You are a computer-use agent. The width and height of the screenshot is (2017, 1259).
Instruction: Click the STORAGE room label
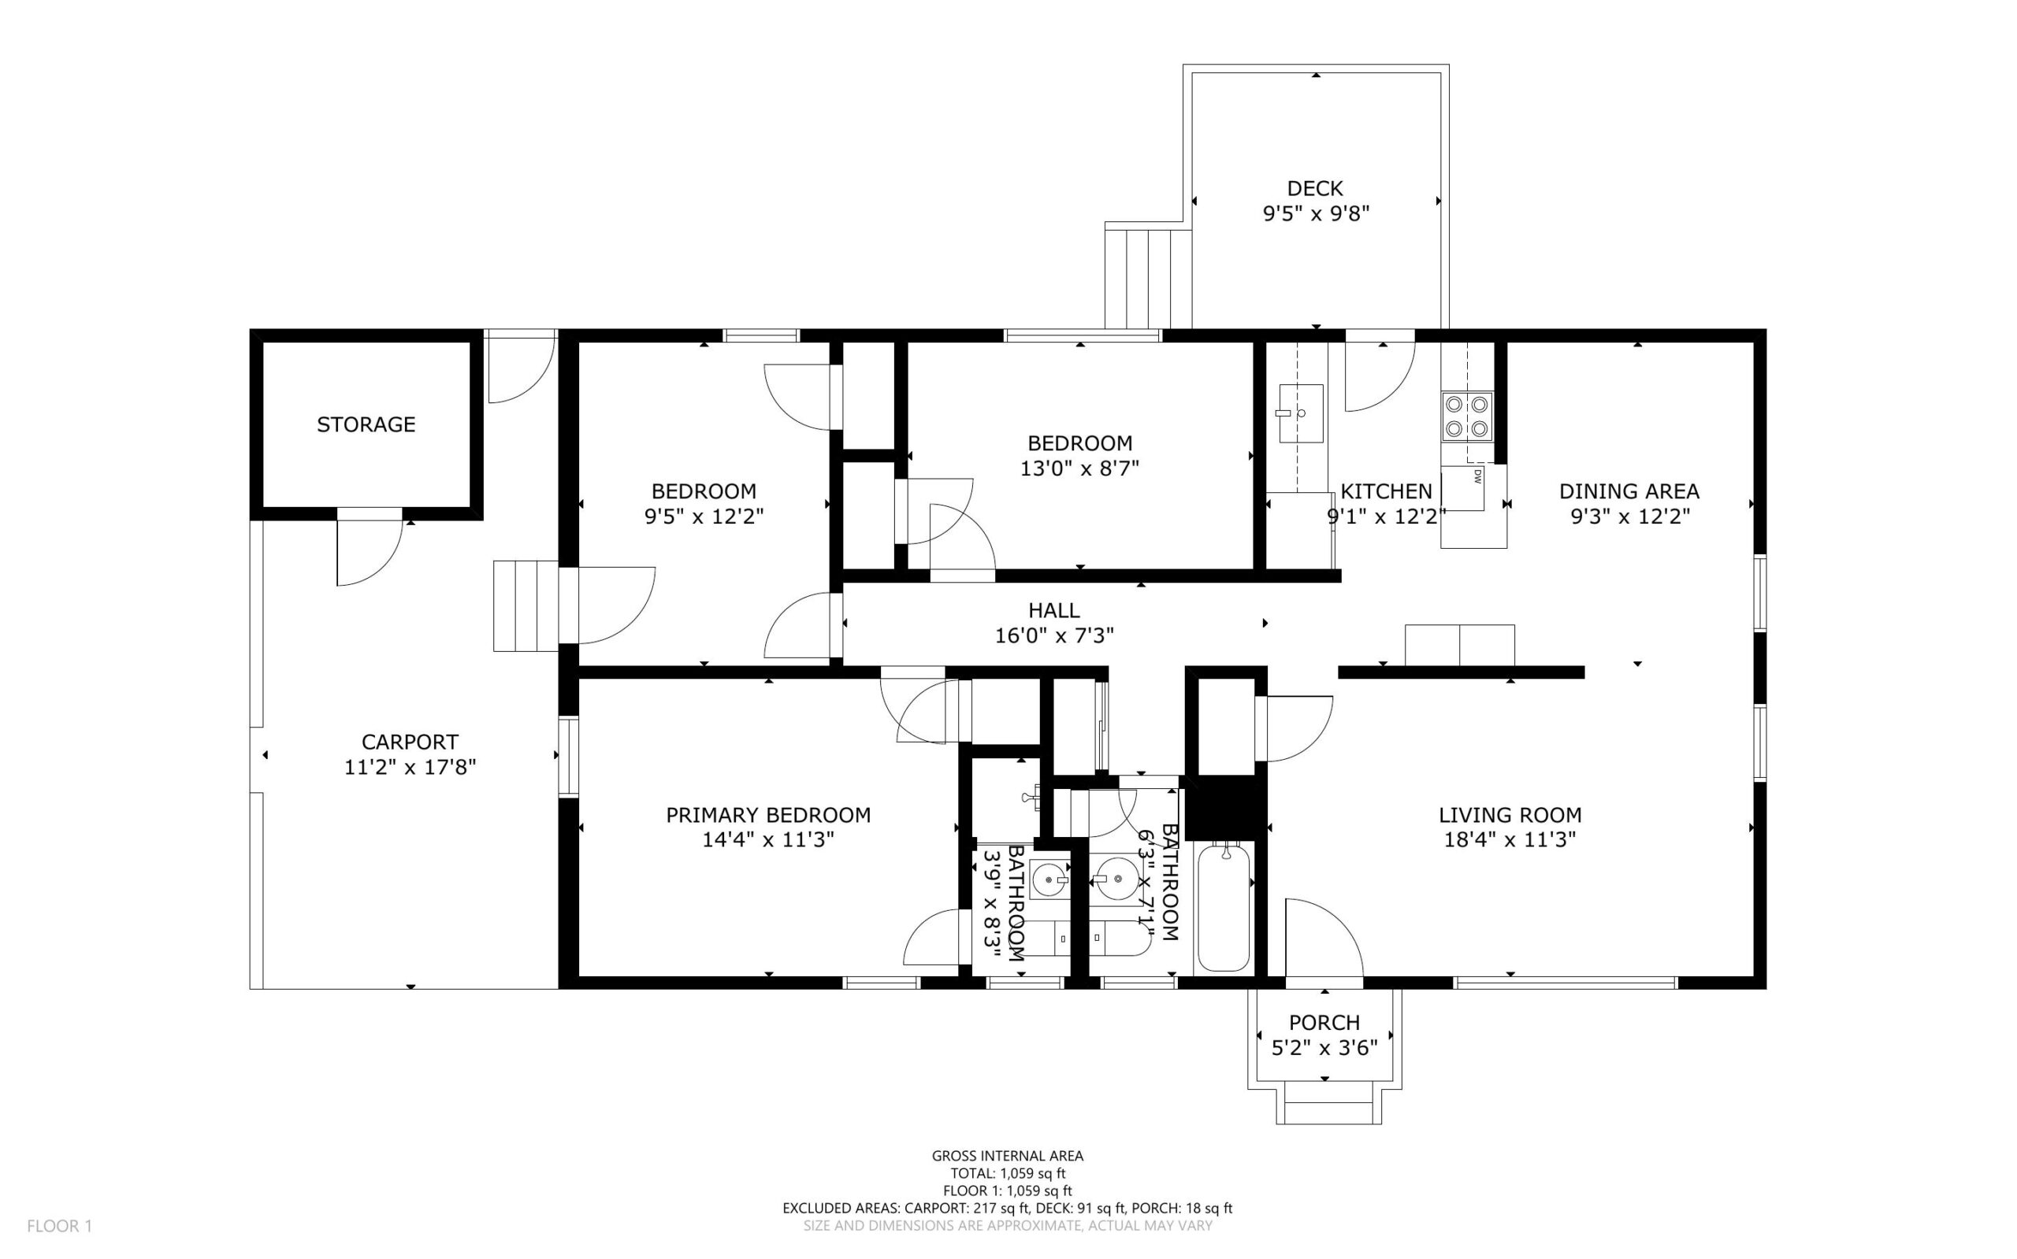tap(366, 424)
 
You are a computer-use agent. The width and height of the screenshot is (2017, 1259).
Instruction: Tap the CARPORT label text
tap(410, 742)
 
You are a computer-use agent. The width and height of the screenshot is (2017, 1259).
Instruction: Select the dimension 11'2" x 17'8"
tap(410, 767)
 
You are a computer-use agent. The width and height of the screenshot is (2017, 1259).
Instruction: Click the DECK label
tap(1315, 189)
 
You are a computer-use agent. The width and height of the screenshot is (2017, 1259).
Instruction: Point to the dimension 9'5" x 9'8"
tap(1317, 214)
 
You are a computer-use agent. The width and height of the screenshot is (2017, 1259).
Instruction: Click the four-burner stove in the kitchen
tap(1467, 417)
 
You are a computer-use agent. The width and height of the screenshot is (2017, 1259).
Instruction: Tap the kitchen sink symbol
tap(1301, 414)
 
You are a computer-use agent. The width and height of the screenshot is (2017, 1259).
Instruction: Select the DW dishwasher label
tap(1477, 477)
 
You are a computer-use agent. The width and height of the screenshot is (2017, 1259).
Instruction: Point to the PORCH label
tap(1324, 1023)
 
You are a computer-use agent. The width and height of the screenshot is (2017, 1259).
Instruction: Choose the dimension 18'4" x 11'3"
tap(1510, 840)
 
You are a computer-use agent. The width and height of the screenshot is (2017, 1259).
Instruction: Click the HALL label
tap(1054, 610)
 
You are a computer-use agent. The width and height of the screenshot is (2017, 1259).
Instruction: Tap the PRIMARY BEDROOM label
tap(768, 815)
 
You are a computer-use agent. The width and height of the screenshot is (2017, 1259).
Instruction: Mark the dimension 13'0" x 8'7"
tap(1079, 468)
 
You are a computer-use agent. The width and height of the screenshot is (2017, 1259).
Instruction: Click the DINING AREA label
tap(1629, 491)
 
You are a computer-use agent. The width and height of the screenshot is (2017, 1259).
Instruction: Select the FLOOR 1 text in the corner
tap(59, 1226)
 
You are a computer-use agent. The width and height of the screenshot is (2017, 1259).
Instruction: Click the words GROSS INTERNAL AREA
tap(1007, 1156)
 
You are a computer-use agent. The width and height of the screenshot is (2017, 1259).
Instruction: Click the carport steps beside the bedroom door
tap(526, 605)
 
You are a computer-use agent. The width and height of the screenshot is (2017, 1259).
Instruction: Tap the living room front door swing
tap(1324, 938)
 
